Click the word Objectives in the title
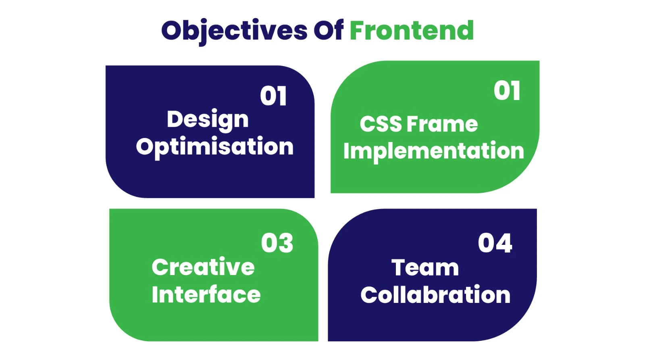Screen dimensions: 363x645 (x=234, y=31)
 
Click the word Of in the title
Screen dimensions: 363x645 (x=328, y=31)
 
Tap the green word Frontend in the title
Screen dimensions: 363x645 (x=411, y=31)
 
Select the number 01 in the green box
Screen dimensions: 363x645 (x=507, y=91)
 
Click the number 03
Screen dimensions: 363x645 (x=277, y=243)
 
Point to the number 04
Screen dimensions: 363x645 (x=495, y=243)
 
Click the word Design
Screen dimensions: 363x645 (x=208, y=119)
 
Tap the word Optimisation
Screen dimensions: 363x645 (x=214, y=146)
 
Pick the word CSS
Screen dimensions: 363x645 (x=381, y=124)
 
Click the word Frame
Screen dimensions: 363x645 (x=442, y=124)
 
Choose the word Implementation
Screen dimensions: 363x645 (x=433, y=151)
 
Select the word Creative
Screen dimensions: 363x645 (x=203, y=267)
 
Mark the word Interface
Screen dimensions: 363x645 (x=206, y=294)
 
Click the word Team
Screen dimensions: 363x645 (x=425, y=268)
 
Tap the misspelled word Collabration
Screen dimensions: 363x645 (x=435, y=295)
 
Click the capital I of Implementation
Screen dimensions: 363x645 (x=346, y=151)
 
